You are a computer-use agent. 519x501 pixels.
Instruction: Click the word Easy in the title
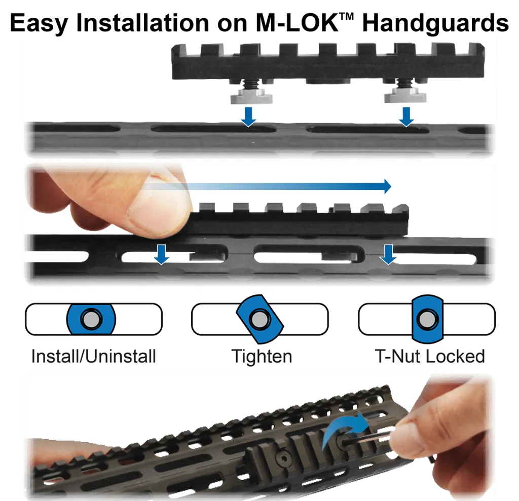tap(39, 23)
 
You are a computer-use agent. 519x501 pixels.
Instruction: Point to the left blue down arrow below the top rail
tap(248, 117)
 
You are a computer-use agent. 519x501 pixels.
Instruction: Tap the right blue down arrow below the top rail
tap(406, 117)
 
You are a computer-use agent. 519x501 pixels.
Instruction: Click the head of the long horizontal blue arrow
tap(387, 186)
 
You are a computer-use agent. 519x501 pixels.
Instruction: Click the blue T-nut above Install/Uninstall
tap(91, 319)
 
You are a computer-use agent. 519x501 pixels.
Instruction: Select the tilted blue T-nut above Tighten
tap(260, 319)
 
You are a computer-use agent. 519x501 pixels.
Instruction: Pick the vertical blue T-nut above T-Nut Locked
tap(428, 319)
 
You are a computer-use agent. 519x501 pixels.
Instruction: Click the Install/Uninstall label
tap(94, 357)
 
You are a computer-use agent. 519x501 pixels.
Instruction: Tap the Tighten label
tap(262, 357)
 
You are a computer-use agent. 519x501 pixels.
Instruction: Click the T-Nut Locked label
tap(430, 357)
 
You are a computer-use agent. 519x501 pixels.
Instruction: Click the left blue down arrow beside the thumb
tap(162, 254)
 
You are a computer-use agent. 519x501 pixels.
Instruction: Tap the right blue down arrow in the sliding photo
tap(388, 254)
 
